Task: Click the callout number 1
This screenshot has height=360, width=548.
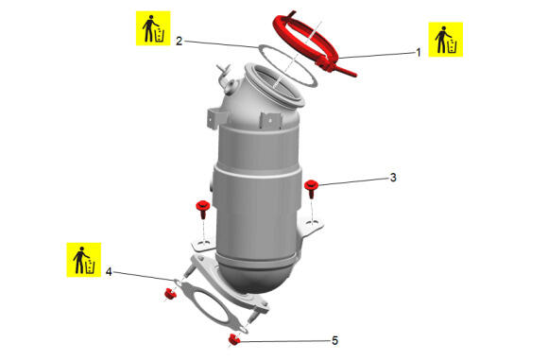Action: click(418, 53)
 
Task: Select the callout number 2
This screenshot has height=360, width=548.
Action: click(179, 42)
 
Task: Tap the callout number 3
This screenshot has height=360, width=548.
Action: click(393, 178)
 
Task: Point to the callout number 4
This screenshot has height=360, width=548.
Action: click(109, 271)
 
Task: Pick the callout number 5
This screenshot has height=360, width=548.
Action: click(334, 340)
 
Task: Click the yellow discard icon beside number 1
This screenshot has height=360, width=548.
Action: click(446, 40)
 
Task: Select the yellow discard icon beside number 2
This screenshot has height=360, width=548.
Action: click(153, 28)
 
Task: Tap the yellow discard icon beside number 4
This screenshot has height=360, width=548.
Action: click(84, 260)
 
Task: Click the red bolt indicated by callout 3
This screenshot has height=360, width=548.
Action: click(311, 189)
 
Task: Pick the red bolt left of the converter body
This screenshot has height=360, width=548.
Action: click(202, 209)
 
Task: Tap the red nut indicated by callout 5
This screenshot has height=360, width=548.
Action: click(233, 339)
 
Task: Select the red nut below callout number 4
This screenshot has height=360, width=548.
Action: click(170, 294)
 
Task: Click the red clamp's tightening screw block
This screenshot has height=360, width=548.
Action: click(324, 64)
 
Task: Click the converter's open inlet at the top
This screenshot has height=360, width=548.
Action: click(275, 85)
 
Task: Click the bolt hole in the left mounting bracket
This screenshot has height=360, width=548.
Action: click(201, 243)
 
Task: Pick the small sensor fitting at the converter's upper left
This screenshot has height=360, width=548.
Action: click(226, 77)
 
